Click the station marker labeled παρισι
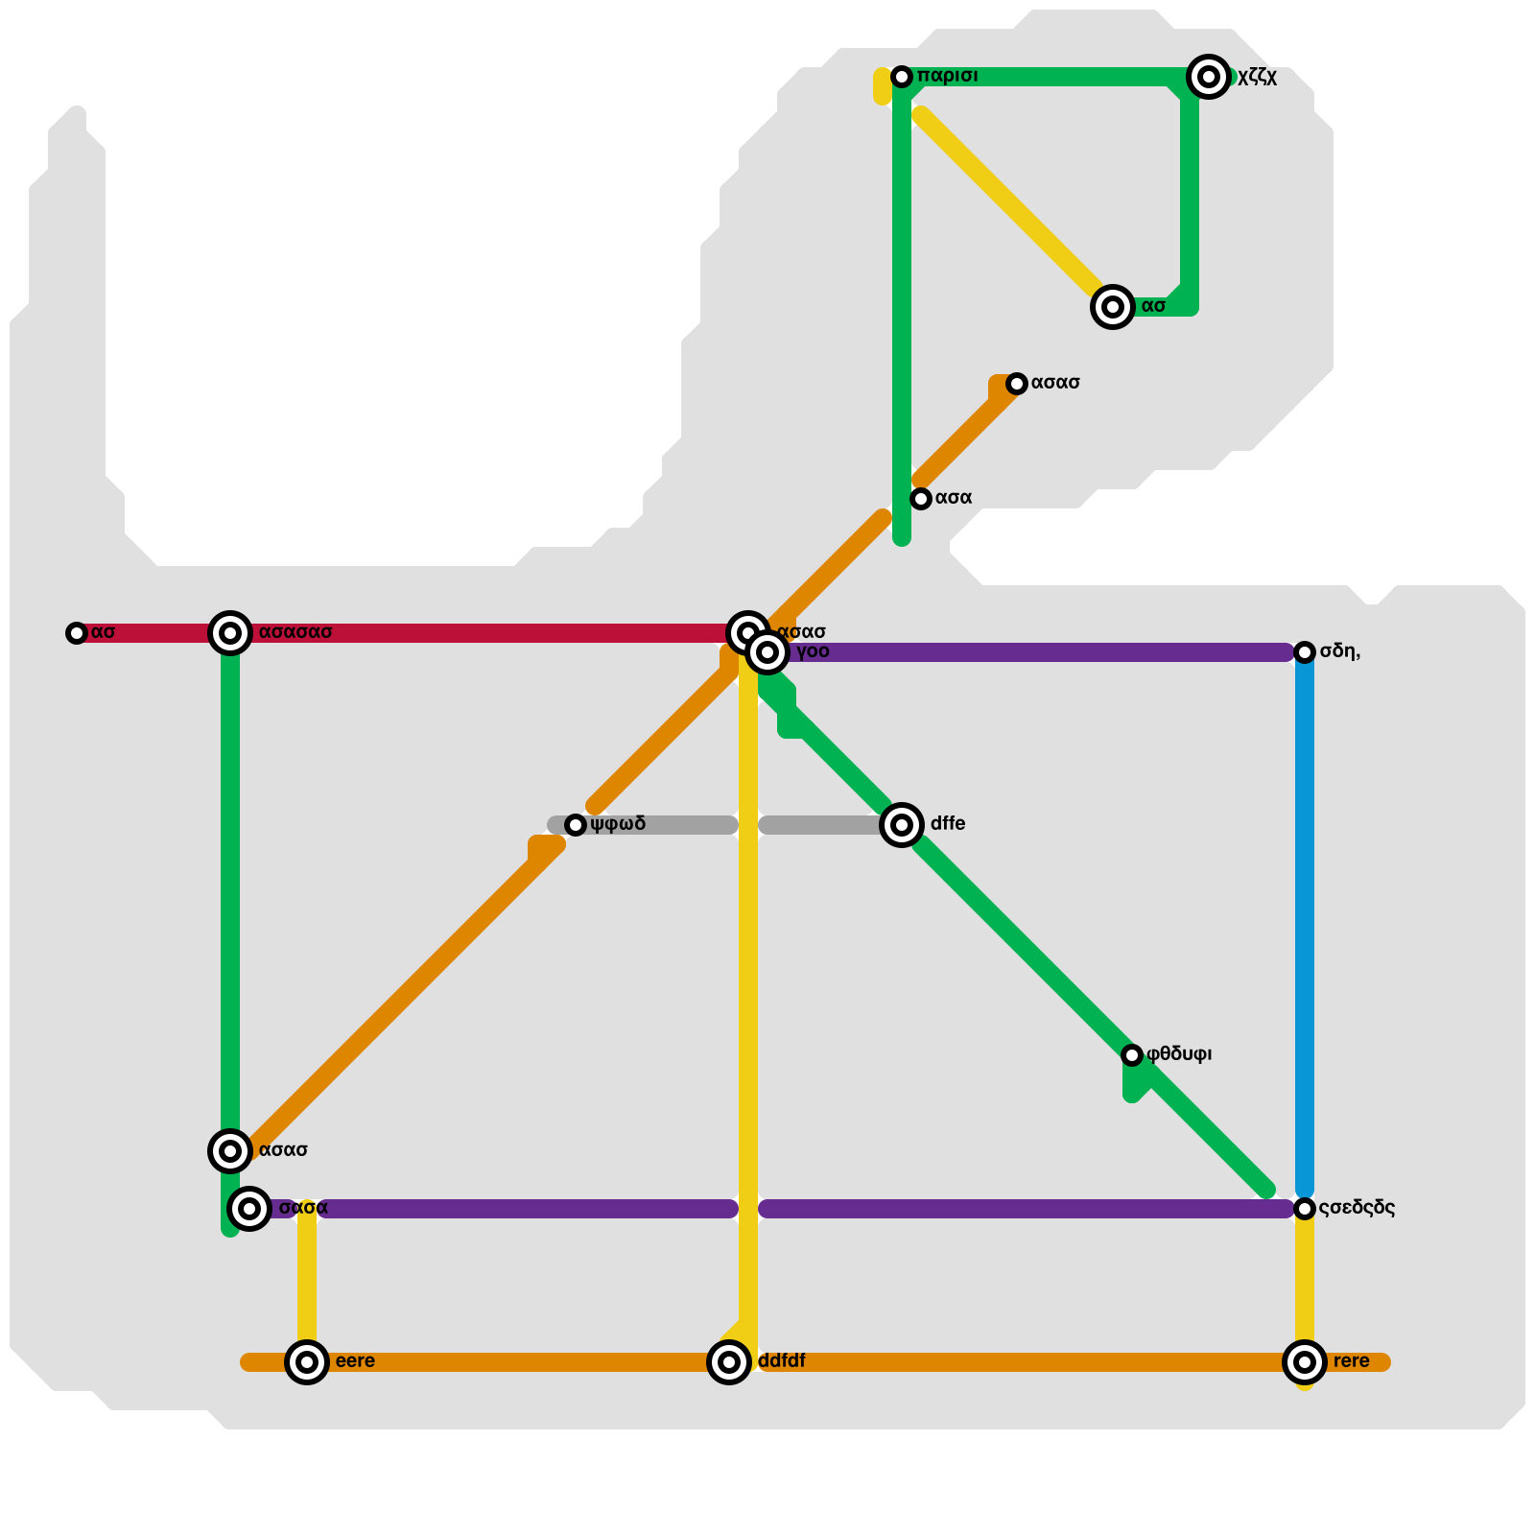click(x=902, y=77)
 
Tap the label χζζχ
click(x=1257, y=78)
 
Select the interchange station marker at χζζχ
click(x=1209, y=77)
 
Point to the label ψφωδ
click(x=618, y=824)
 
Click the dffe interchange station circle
click(x=902, y=825)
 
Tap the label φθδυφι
click(x=1179, y=1054)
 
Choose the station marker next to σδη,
click(x=1305, y=652)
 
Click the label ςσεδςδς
click(x=1357, y=1208)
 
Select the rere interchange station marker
click(x=1305, y=1362)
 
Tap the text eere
click(x=355, y=1361)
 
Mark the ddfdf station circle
click(x=729, y=1362)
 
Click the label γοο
click(x=813, y=652)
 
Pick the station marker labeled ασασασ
click(x=230, y=633)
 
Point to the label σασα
click(x=303, y=1208)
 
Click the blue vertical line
click(x=1305, y=921)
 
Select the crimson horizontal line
click(x=480, y=633)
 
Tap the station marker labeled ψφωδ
click(x=576, y=825)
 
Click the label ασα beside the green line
click(x=954, y=498)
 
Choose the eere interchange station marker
click(x=307, y=1362)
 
